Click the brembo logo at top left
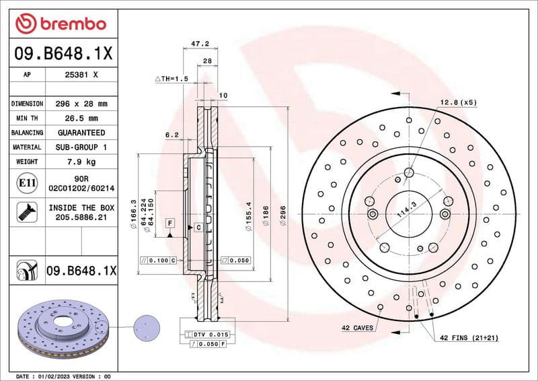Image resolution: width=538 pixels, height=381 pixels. click(x=61, y=24)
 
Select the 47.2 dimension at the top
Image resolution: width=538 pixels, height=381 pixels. click(x=200, y=44)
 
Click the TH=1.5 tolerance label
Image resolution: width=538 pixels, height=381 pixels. click(x=173, y=79)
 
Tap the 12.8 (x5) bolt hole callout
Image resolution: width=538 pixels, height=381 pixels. click(x=458, y=102)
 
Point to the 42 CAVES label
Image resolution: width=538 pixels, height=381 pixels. click(x=357, y=328)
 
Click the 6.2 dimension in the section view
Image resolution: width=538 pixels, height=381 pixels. click(x=171, y=135)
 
